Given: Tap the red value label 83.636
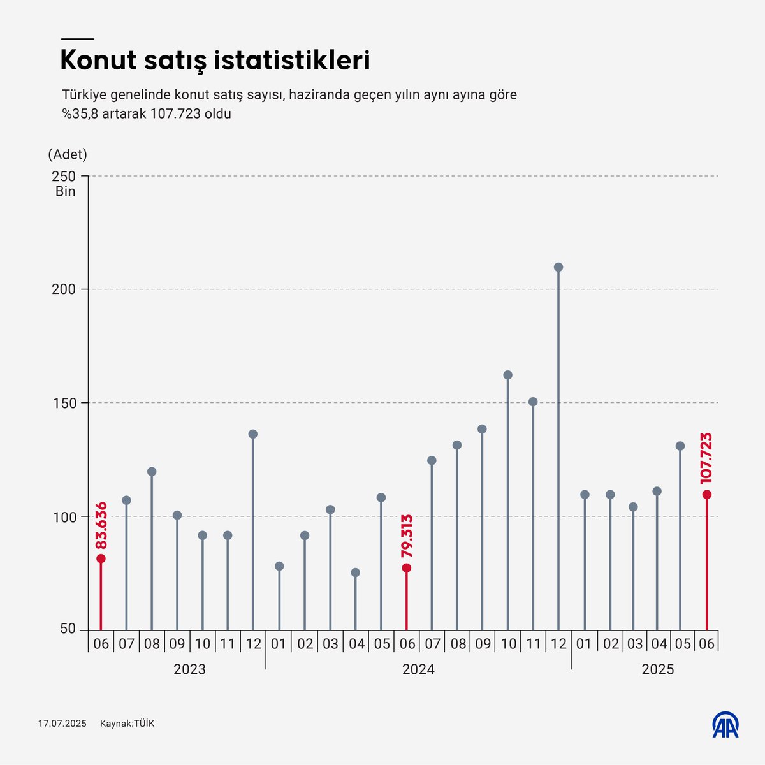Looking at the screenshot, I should (x=101, y=527).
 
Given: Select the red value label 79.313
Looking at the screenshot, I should (x=407, y=536).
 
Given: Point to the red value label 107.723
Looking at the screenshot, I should (x=706, y=458).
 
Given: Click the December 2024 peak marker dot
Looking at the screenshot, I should (x=558, y=267).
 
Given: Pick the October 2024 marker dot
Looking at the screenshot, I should (x=508, y=375).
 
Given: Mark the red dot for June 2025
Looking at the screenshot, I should (x=706, y=494).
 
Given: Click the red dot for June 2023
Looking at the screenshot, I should (x=101, y=558).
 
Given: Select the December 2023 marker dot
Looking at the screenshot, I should (x=253, y=434).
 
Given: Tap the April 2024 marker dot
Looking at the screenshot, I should (x=355, y=572).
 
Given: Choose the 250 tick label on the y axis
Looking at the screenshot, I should (x=65, y=176).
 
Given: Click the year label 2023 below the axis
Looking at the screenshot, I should (x=189, y=669).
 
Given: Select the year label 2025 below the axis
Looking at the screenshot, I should (x=657, y=669).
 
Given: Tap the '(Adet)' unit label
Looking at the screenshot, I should (x=68, y=154).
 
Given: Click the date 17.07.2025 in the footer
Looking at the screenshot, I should (x=62, y=724).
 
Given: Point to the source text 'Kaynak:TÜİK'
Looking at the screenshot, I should (x=127, y=724).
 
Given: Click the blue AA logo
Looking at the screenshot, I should (x=725, y=724).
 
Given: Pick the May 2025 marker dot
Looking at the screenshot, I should (x=680, y=446).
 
